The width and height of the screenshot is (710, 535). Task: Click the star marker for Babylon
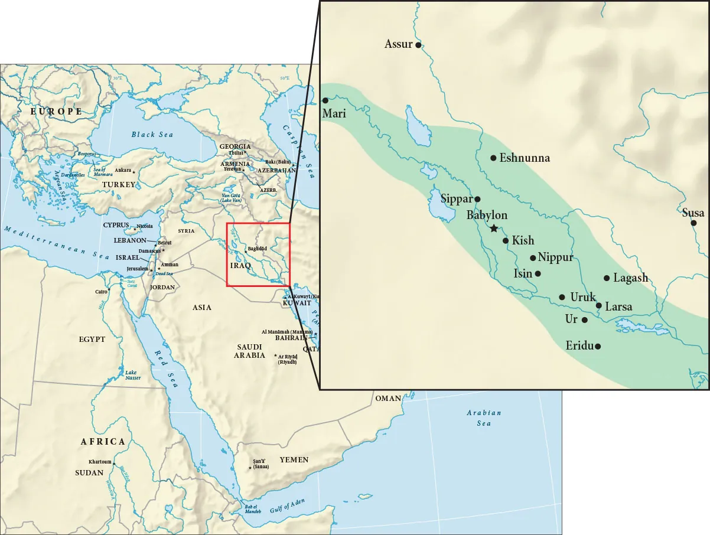[x=494, y=228]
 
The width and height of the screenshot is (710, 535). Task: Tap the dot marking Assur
[x=418, y=44]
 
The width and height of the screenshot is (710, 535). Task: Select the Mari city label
[x=334, y=114]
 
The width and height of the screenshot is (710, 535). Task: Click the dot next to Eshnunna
[x=493, y=158]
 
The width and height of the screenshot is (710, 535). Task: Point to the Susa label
[x=693, y=213]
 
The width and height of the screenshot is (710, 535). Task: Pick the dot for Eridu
[x=598, y=347]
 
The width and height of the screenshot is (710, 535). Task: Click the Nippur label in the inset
[x=555, y=257]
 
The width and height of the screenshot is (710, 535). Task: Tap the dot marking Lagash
[x=607, y=278]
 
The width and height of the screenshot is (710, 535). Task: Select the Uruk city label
[x=583, y=297]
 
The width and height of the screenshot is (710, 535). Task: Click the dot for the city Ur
[x=585, y=319]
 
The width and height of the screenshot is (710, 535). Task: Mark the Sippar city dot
[x=477, y=199]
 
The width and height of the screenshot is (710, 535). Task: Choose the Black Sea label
[x=152, y=135]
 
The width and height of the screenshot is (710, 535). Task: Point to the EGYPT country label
[x=92, y=340]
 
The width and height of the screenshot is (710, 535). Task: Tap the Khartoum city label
[x=100, y=462]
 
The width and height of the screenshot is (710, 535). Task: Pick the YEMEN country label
[x=294, y=459]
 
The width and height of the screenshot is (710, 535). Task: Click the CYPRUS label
[x=116, y=225]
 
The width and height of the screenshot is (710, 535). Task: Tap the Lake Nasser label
[x=133, y=374]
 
